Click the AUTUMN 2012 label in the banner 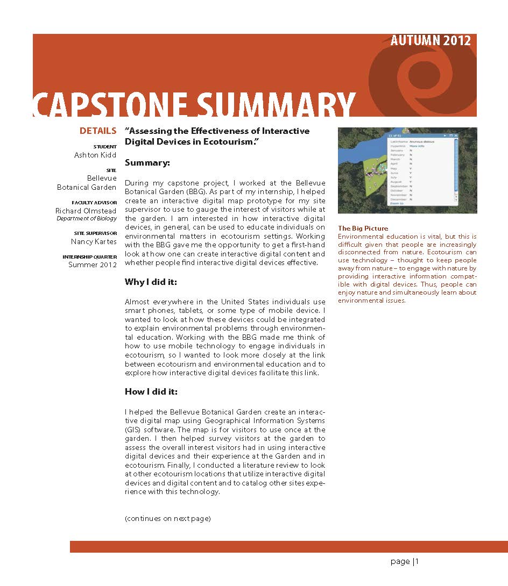(x=431, y=41)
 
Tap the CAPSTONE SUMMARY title (x=194, y=105)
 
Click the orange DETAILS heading (x=97, y=131)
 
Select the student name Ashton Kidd (x=95, y=155)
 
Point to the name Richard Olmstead (x=86, y=211)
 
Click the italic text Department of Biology (x=87, y=219)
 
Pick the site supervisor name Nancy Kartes (x=95, y=242)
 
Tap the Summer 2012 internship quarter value (x=92, y=265)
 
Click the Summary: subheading (x=147, y=162)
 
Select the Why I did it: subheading (x=151, y=282)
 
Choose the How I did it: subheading (x=151, y=391)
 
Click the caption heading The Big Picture (x=363, y=228)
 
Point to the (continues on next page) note (x=167, y=519)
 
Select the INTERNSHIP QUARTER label (x=90, y=257)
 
